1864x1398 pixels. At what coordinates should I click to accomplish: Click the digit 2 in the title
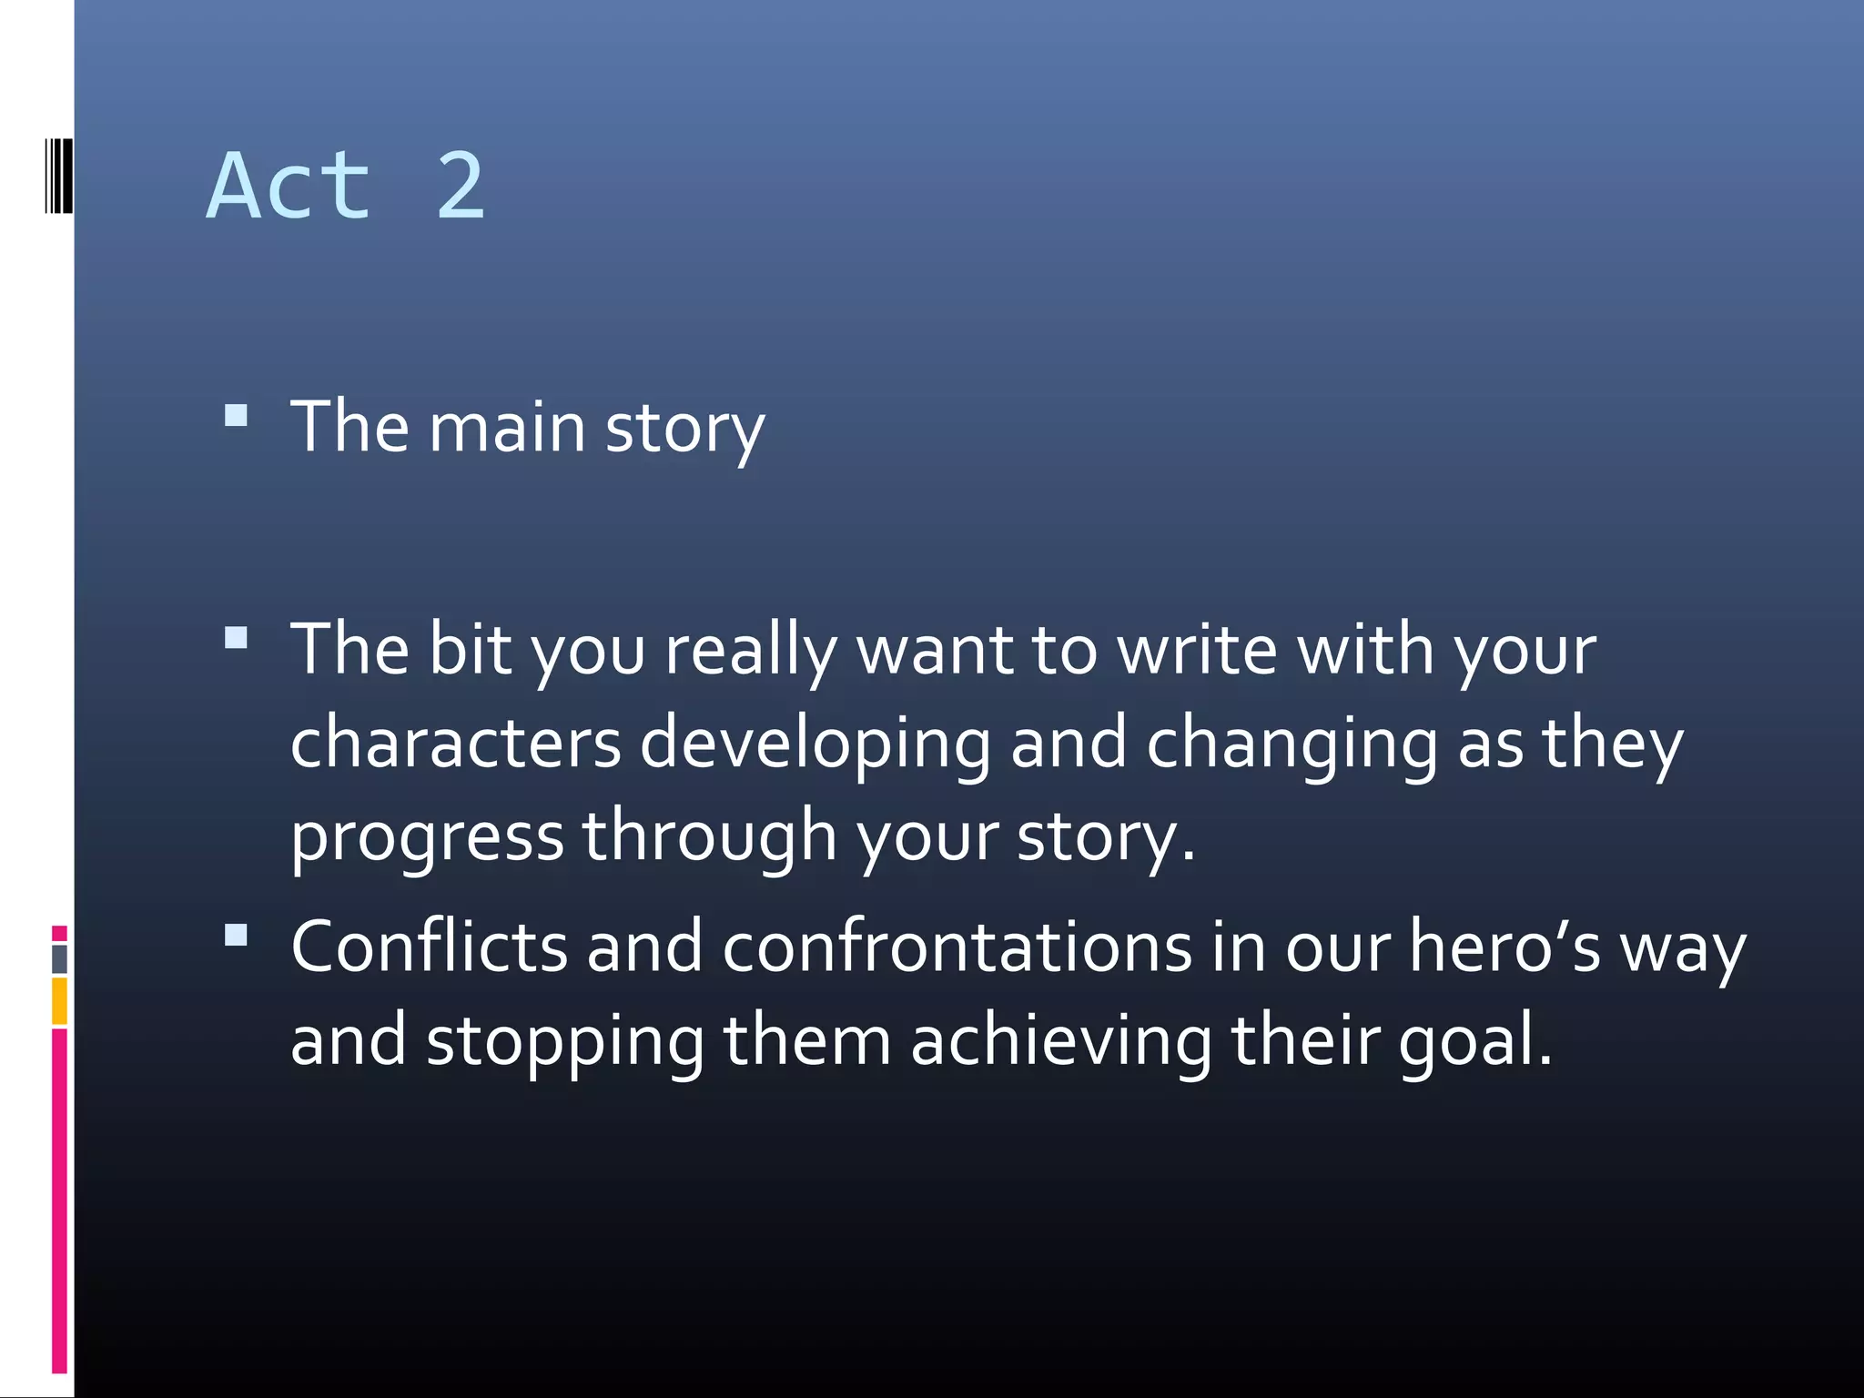(461, 186)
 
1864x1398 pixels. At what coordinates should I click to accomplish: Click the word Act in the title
(289, 186)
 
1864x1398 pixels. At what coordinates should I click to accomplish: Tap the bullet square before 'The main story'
(236, 416)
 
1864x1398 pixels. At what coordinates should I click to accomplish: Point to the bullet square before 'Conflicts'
(236, 935)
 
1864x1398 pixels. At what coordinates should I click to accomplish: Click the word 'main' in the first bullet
(507, 427)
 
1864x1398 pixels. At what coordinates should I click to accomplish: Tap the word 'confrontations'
(957, 947)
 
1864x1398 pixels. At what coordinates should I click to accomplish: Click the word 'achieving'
(1060, 1042)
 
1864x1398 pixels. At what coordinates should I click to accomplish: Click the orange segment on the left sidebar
(59, 1000)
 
